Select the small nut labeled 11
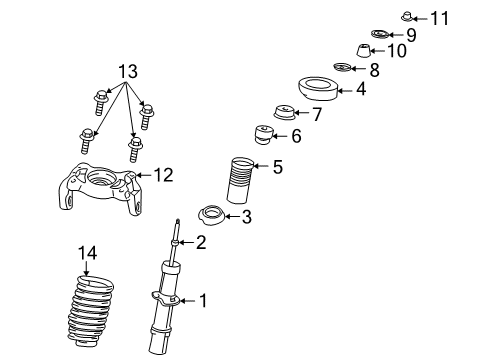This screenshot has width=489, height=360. click(409, 15)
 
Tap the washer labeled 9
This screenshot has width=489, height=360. click(381, 35)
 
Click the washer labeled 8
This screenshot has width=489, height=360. click(342, 68)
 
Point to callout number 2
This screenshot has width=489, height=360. click(201, 241)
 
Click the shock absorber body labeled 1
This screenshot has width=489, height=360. click(166, 310)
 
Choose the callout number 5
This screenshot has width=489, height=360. click(277, 167)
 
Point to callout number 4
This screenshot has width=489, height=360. click(360, 89)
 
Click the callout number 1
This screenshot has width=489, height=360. click(203, 299)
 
